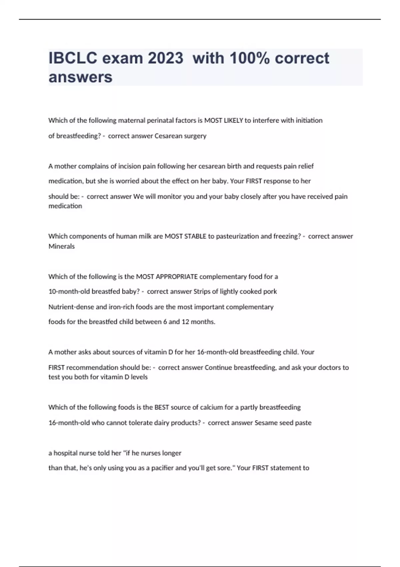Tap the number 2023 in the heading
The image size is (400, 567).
tap(166, 58)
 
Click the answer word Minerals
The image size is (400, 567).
tap(62, 246)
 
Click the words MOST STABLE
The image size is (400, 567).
tap(185, 236)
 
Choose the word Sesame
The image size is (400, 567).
tap(266, 423)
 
